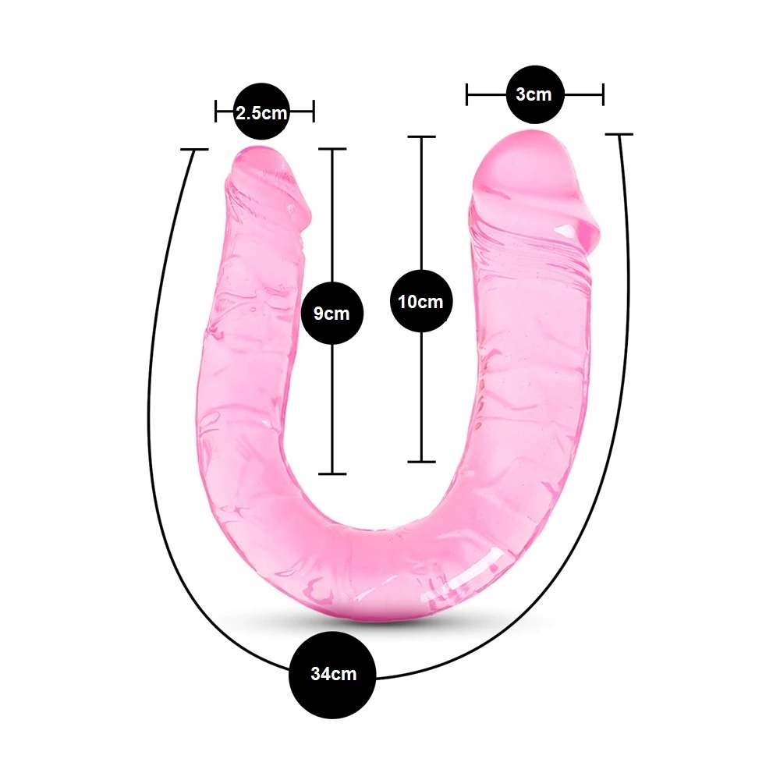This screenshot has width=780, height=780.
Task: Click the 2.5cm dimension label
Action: [261, 113]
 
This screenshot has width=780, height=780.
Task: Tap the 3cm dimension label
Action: [534, 94]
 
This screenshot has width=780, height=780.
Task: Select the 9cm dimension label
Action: [331, 314]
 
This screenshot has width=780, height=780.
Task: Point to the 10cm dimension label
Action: [421, 301]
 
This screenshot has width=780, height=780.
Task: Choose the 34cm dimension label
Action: [334, 674]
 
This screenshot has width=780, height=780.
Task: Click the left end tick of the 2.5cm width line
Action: [216, 111]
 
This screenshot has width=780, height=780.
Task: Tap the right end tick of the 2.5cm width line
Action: [314, 111]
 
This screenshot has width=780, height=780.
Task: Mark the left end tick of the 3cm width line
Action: [466, 94]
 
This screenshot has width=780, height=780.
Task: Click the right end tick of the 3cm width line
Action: [603, 94]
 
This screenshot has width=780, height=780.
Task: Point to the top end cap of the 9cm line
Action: [332, 149]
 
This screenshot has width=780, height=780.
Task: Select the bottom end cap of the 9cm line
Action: [332, 473]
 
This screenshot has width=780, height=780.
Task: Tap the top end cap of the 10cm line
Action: [422, 136]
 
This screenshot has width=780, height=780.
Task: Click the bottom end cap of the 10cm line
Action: [422, 462]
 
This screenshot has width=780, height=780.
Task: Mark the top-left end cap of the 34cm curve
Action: [194, 149]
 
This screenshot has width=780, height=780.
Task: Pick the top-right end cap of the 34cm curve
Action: [619, 134]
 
